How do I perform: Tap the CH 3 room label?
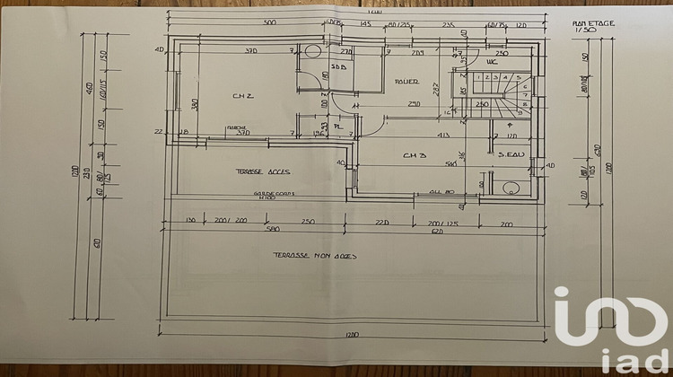click(414, 155)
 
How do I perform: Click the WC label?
click(491, 62)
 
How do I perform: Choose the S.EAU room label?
click(512, 156)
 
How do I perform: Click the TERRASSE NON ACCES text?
click(315, 256)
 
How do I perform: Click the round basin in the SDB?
click(311, 50)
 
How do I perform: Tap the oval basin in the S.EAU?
click(511, 188)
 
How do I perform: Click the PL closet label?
click(339, 127)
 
